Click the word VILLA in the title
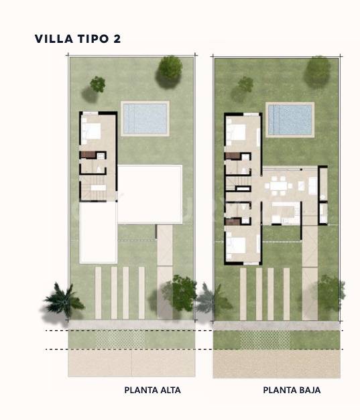52,40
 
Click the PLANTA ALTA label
152,390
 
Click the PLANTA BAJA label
292,390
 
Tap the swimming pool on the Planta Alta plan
145,118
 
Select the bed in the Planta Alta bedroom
93,131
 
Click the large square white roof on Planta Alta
149,194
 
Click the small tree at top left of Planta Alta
98,84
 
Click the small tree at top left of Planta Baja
245,84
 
